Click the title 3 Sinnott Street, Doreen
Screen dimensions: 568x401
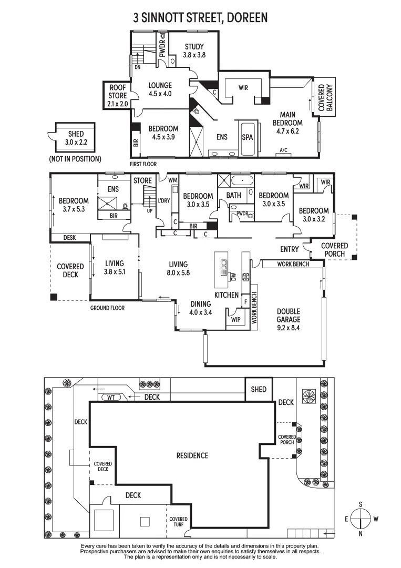pyautogui.click(x=200, y=17)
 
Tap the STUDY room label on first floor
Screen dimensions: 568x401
pyautogui.click(x=193, y=50)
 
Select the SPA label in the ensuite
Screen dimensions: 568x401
pyautogui.click(x=247, y=137)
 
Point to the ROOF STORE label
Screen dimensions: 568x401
pyautogui.click(x=118, y=96)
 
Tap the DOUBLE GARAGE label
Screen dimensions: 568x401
pyautogui.click(x=289, y=319)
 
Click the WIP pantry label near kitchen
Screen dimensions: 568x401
pyautogui.click(x=235, y=319)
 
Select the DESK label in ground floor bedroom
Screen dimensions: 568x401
pyautogui.click(x=69, y=238)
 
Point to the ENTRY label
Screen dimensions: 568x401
pyautogui.click(x=290, y=249)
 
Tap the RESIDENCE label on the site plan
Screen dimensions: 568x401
pyautogui.click(x=192, y=455)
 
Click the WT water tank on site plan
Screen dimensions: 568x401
pyautogui.click(x=111, y=397)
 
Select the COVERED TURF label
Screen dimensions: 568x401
pyautogui.click(x=178, y=522)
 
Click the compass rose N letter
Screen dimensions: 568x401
pyautogui.click(x=361, y=534)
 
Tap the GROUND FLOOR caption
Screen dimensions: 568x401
pyautogui.click(x=107, y=308)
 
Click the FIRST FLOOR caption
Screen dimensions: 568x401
pyautogui.click(x=143, y=164)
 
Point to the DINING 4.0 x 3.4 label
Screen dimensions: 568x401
pyautogui.click(x=200, y=308)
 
